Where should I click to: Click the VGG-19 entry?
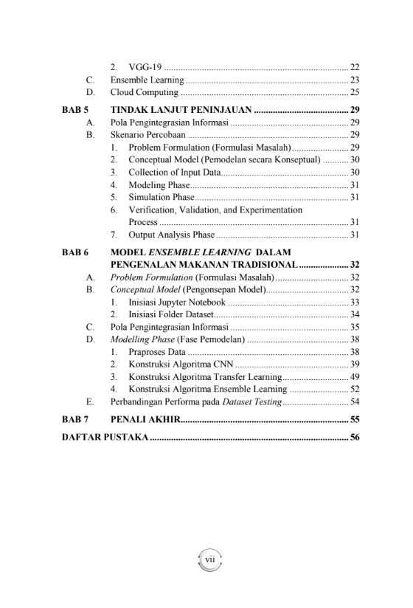coord(146,67)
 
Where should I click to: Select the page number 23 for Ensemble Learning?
coord(354,80)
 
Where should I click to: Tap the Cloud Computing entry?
coord(145,92)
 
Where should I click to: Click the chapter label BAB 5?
coord(74,110)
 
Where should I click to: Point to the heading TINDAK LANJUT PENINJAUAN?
coord(181,110)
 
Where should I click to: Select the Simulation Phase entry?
coord(162,197)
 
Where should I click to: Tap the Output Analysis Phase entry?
coord(172,235)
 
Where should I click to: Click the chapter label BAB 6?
coord(74,252)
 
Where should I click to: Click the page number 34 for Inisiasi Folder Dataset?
coord(354,314)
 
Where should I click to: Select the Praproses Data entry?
coord(157,352)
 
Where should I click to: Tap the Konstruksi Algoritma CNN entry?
coord(180,365)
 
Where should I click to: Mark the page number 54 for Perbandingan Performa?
coord(354,402)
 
